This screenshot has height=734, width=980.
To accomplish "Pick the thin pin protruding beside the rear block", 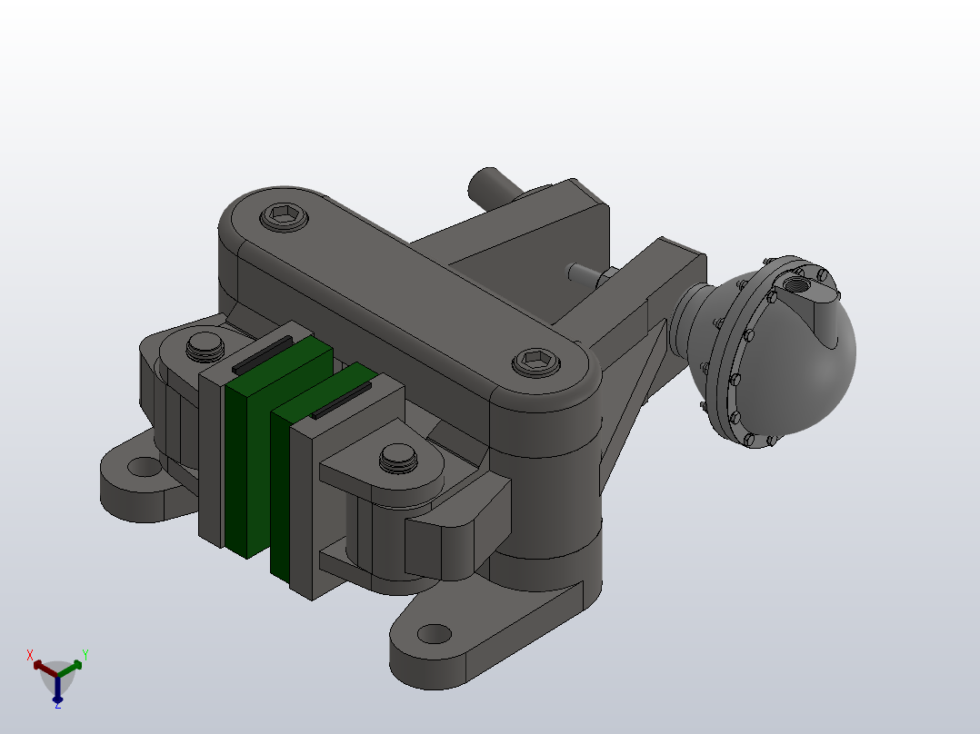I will (x=583, y=272).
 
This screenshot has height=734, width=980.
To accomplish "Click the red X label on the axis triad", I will (x=30, y=654).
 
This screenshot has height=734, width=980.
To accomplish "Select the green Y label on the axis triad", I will (x=85, y=653).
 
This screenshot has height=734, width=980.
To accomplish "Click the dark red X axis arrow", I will (x=43, y=666).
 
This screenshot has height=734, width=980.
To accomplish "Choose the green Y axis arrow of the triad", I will (x=72, y=666).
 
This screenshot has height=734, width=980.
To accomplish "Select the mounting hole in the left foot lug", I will (x=143, y=467).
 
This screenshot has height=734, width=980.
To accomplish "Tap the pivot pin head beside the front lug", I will (x=397, y=456).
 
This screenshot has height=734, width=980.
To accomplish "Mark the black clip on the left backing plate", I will (x=262, y=354).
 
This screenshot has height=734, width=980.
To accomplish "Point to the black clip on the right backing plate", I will (x=341, y=400).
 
